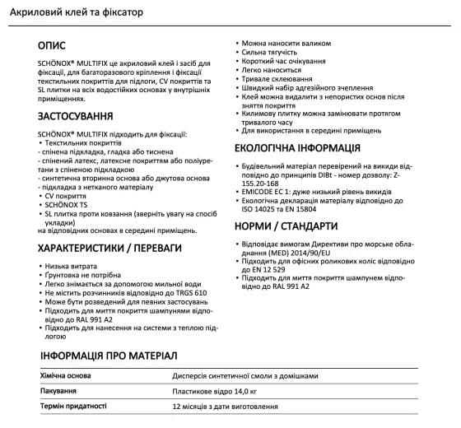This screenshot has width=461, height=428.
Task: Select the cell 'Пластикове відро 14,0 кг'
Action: (216, 390)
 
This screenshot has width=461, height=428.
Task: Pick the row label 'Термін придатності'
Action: (73, 407)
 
